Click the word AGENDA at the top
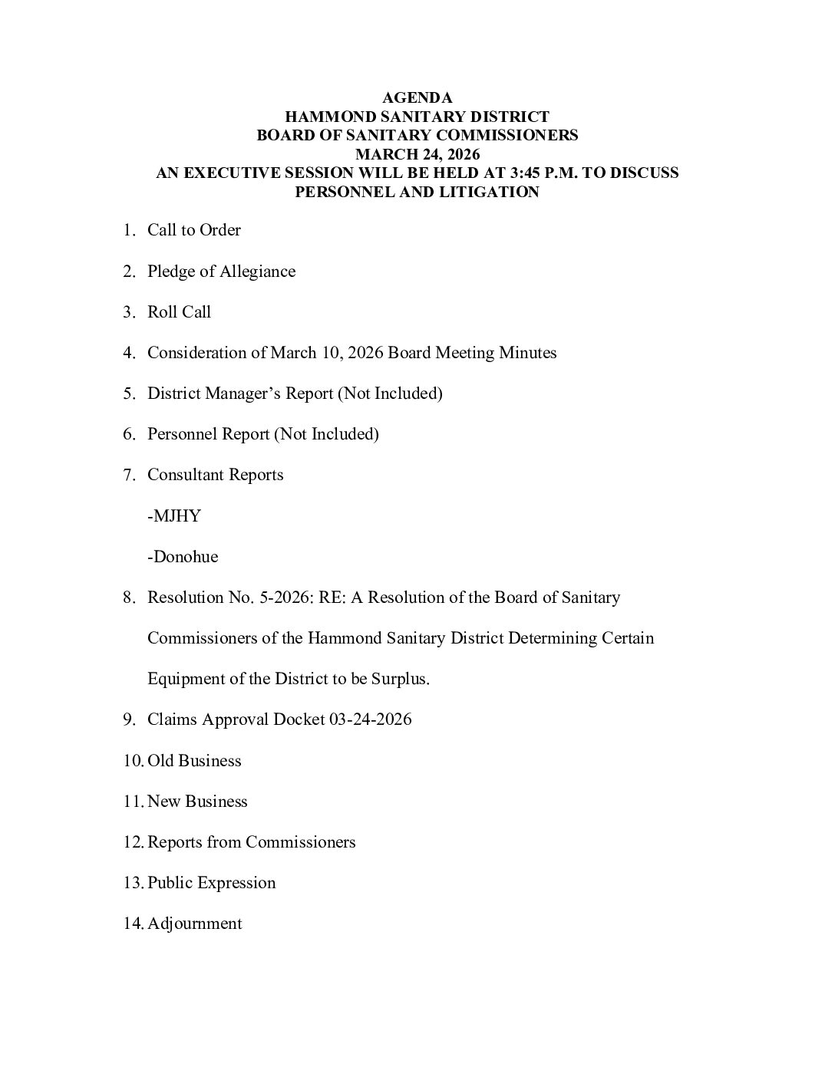(x=417, y=98)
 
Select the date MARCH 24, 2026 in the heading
(x=417, y=154)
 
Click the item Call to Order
(x=193, y=231)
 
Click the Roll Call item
(x=179, y=312)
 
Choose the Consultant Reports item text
(x=215, y=475)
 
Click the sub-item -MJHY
(x=173, y=516)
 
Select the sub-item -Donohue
(x=183, y=557)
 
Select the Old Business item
(x=194, y=761)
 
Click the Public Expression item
(x=211, y=883)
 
